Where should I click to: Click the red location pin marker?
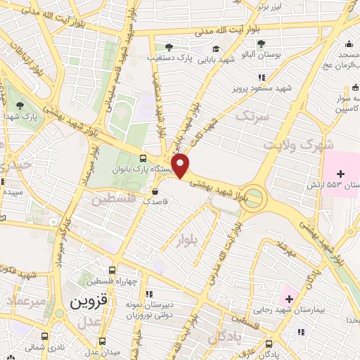click(181, 166)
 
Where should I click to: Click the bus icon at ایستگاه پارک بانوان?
click(143, 158)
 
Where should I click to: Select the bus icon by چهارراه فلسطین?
click(112, 271)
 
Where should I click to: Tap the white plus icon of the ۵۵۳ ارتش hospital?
click(341, 173)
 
